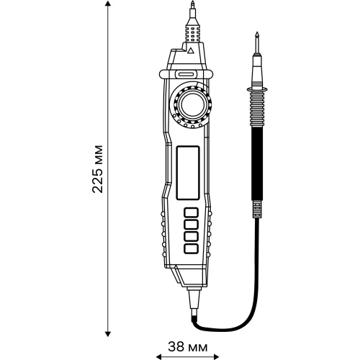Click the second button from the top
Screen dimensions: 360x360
(x=191, y=224)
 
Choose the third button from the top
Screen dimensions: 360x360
(x=191, y=235)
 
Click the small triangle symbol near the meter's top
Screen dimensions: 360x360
(x=189, y=52)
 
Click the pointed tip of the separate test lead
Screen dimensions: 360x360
(x=256, y=36)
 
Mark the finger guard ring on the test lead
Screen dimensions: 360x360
(x=256, y=89)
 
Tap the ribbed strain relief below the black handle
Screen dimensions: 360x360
(x=257, y=209)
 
